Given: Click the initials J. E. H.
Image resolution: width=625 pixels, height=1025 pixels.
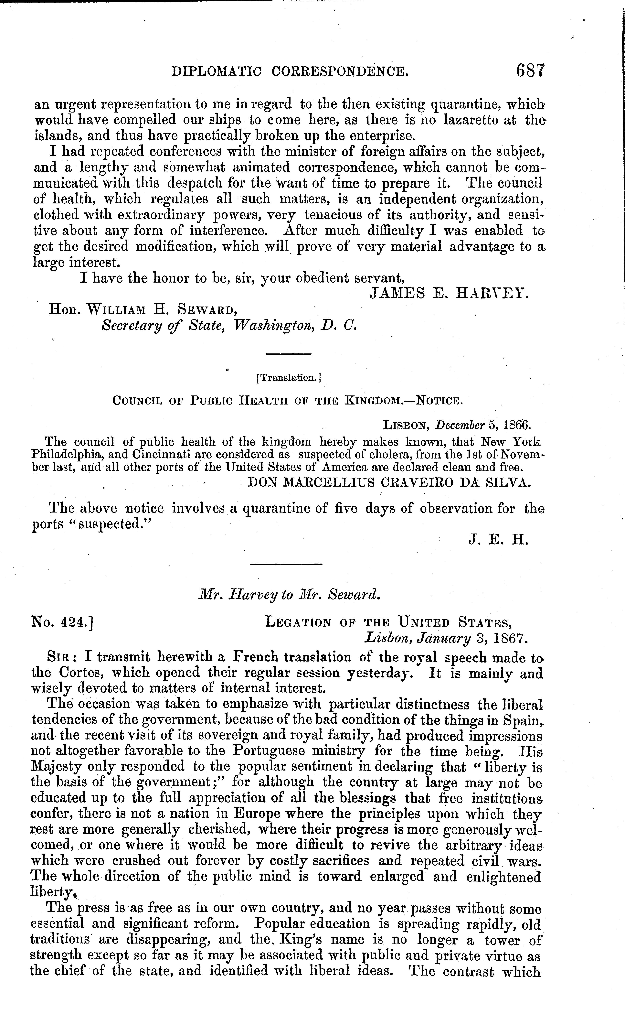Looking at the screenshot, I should [498, 540].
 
